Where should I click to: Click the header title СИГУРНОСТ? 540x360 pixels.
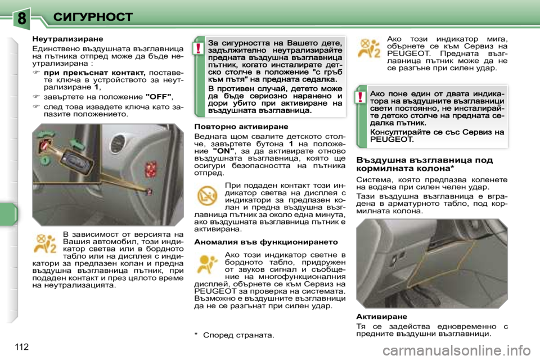click(x=93, y=16)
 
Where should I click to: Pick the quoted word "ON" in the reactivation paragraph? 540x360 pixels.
click(x=224, y=150)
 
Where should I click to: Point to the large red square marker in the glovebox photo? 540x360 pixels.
click(x=152, y=169)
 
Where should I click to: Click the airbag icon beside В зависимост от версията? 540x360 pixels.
click(x=45, y=244)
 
